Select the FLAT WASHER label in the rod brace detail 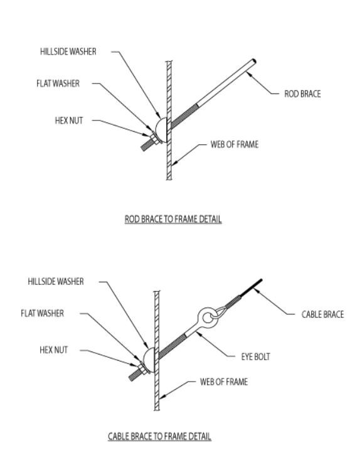[x=58, y=83]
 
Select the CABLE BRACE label [x=322, y=314]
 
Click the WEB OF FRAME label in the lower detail [x=224, y=381]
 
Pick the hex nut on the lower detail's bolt [x=139, y=366]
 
